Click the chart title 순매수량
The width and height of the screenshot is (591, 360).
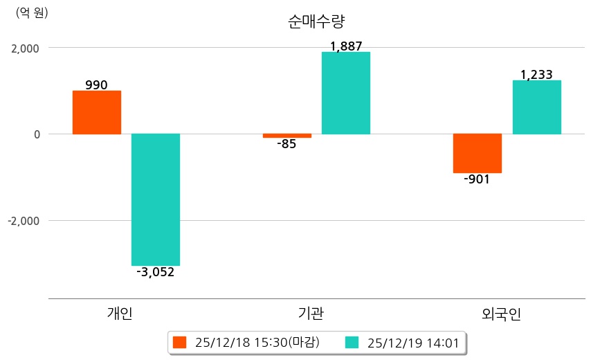(x=315, y=21)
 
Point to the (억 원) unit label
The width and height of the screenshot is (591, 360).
(x=32, y=12)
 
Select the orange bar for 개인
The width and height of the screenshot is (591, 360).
(x=97, y=112)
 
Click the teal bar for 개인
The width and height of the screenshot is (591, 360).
(x=156, y=199)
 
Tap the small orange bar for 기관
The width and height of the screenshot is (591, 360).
(x=287, y=136)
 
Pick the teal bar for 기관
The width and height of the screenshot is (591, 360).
(x=346, y=93)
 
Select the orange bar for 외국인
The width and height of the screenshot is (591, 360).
(x=478, y=153)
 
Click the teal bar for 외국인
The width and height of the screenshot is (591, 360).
(x=536, y=107)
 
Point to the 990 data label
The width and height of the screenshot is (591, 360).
(x=96, y=85)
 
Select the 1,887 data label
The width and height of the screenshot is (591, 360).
(x=346, y=46)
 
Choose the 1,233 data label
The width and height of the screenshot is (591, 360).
(x=536, y=75)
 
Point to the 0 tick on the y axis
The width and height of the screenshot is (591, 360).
(x=36, y=134)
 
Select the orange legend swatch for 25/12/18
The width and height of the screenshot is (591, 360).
(x=180, y=342)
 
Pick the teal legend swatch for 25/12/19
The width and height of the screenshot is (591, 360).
(x=352, y=342)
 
